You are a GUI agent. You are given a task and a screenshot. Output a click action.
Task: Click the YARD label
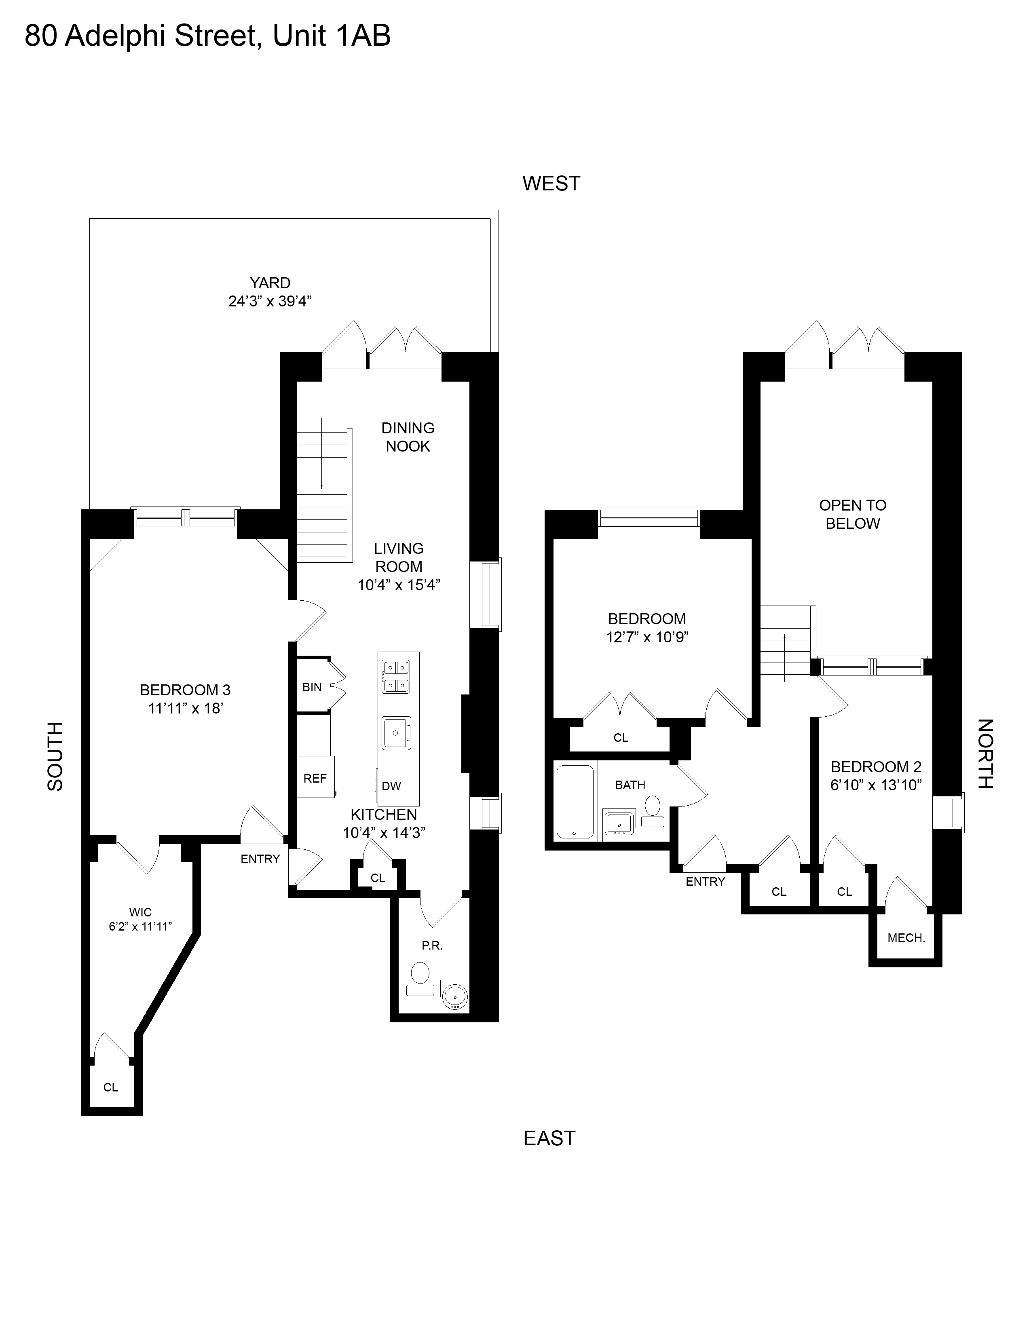[x=270, y=283]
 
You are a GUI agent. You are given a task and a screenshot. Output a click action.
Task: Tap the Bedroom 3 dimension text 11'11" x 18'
[x=185, y=709]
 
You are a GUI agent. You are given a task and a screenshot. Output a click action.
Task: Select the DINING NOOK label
[x=408, y=437]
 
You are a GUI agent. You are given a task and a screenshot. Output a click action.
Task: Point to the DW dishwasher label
[x=391, y=786]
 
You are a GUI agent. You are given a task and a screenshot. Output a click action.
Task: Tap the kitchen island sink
[x=396, y=733]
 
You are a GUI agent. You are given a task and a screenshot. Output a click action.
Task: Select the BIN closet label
[x=312, y=687]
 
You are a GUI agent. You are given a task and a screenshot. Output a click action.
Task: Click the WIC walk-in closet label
[x=140, y=912]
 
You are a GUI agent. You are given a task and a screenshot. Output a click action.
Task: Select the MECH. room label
[x=906, y=937]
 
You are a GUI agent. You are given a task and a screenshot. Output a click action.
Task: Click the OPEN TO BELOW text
[x=853, y=514]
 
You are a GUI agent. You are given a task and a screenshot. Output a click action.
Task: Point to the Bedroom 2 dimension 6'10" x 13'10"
[x=876, y=785]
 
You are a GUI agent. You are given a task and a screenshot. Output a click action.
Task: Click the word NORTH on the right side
[x=986, y=754]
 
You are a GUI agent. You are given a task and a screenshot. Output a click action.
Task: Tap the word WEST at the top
[x=551, y=183]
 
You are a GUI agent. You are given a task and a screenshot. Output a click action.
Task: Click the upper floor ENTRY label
[x=706, y=881]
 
